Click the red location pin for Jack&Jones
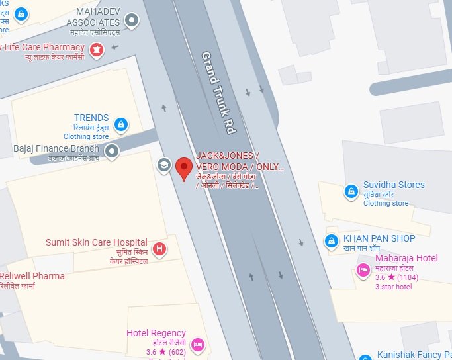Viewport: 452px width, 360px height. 185,167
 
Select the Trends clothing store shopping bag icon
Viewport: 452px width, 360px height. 120,124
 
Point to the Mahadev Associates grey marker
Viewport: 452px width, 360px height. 132,20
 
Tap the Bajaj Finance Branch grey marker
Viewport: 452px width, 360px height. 113,151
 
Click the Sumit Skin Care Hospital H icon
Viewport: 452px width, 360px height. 159,249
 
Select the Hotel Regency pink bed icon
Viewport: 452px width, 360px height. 197,345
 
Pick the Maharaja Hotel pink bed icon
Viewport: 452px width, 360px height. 363,269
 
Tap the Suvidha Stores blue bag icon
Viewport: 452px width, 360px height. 351,192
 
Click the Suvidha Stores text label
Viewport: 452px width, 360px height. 394,185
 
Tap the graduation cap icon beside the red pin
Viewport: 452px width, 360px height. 163,164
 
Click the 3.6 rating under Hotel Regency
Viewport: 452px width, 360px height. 152,352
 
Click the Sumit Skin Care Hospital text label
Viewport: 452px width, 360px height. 97,242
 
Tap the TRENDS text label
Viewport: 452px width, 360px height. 91,118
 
